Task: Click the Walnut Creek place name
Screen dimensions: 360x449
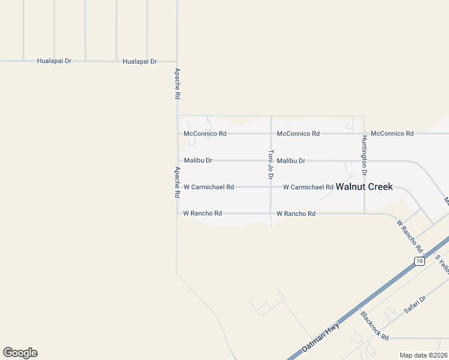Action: point(364,187)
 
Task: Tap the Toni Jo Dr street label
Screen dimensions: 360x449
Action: point(271,165)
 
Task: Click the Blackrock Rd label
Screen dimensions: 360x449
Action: point(375,326)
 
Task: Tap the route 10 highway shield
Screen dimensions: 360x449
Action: point(419,261)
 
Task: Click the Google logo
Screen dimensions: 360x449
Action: point(20,353)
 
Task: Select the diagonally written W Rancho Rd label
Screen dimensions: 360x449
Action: point(410,235)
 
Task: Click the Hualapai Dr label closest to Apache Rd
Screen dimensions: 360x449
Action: point(139,61)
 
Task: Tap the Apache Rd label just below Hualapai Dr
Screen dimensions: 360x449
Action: point(177,83)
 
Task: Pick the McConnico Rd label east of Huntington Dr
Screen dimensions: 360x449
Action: point(392,133)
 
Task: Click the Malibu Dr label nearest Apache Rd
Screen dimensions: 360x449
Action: point(198,161)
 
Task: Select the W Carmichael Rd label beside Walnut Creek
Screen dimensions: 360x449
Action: point(308,187)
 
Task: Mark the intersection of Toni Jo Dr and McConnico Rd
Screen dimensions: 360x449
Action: point(271,133)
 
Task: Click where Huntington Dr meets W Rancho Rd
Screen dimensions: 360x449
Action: point(364,213)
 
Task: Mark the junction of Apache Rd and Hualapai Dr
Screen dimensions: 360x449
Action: point(176,61)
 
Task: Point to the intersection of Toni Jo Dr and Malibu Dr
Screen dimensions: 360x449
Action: point(271,161)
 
